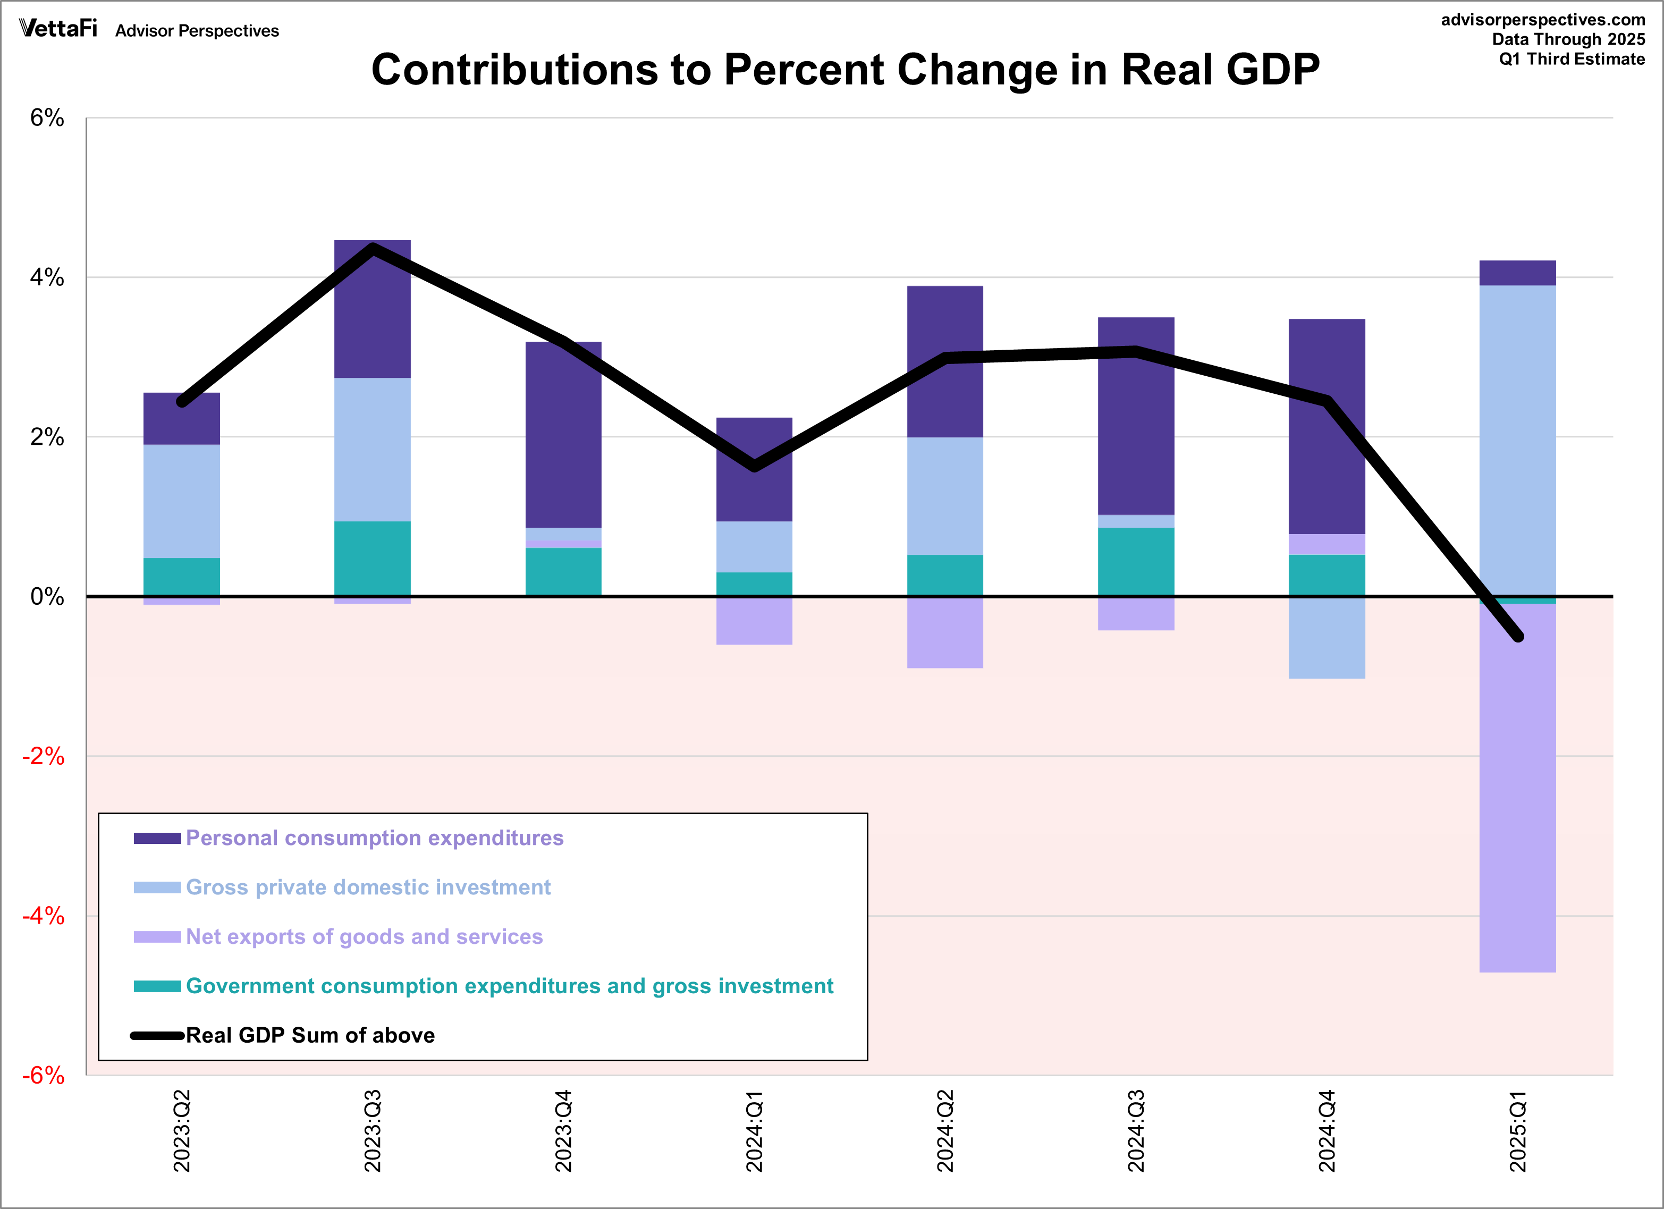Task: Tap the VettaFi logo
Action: (x=58, y=29)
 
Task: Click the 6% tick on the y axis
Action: (x=47, y=117)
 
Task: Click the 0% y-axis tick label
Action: (x=47, y=596)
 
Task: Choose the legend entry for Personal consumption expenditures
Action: (x=374, y=838)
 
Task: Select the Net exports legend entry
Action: (x=364, y=937)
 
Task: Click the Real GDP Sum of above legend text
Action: (x=310, y=1035)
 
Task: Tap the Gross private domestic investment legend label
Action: (x=368, y=887)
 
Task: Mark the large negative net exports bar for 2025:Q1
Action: (x=1517, y=789)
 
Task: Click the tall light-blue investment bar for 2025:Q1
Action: (x=1517, y=440)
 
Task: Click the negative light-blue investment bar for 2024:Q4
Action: (x=1327, y=638)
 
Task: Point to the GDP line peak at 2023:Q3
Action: (x=373, y=249)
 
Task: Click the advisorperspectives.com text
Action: (x=1543, y=20)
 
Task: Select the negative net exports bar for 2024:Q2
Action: (x=945, y=632)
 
